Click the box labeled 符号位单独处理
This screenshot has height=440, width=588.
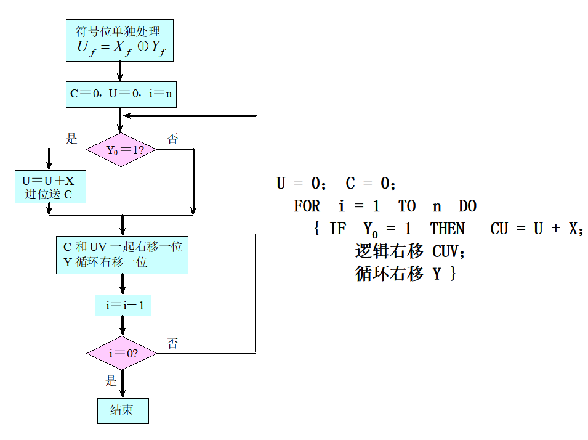[x=119, y=40]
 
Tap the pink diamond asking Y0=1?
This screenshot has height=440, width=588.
[x=121, y=150]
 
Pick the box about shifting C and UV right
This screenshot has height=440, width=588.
[x=122, y=254]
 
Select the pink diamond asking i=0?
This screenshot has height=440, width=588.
[x=122, y=354]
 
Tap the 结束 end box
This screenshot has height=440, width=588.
[x=123, y=410]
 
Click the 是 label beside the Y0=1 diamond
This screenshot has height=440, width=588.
[x=72, y=139]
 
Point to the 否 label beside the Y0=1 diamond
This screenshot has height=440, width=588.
[x=173, y=139]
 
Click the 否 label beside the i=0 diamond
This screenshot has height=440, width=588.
[x=173, y=343]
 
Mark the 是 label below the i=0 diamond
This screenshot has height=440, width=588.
[x=111, y=381]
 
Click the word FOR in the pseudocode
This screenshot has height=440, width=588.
[x=307, y=206]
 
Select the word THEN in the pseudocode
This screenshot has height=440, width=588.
[x=448, y=229]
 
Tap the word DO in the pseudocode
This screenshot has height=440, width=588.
[x=467, y=206]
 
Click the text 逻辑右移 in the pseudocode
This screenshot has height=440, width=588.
[x=389, y=251]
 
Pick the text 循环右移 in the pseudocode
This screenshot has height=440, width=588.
[x=389, y=274]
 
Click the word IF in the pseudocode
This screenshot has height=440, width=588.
[x=337, y=229]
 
